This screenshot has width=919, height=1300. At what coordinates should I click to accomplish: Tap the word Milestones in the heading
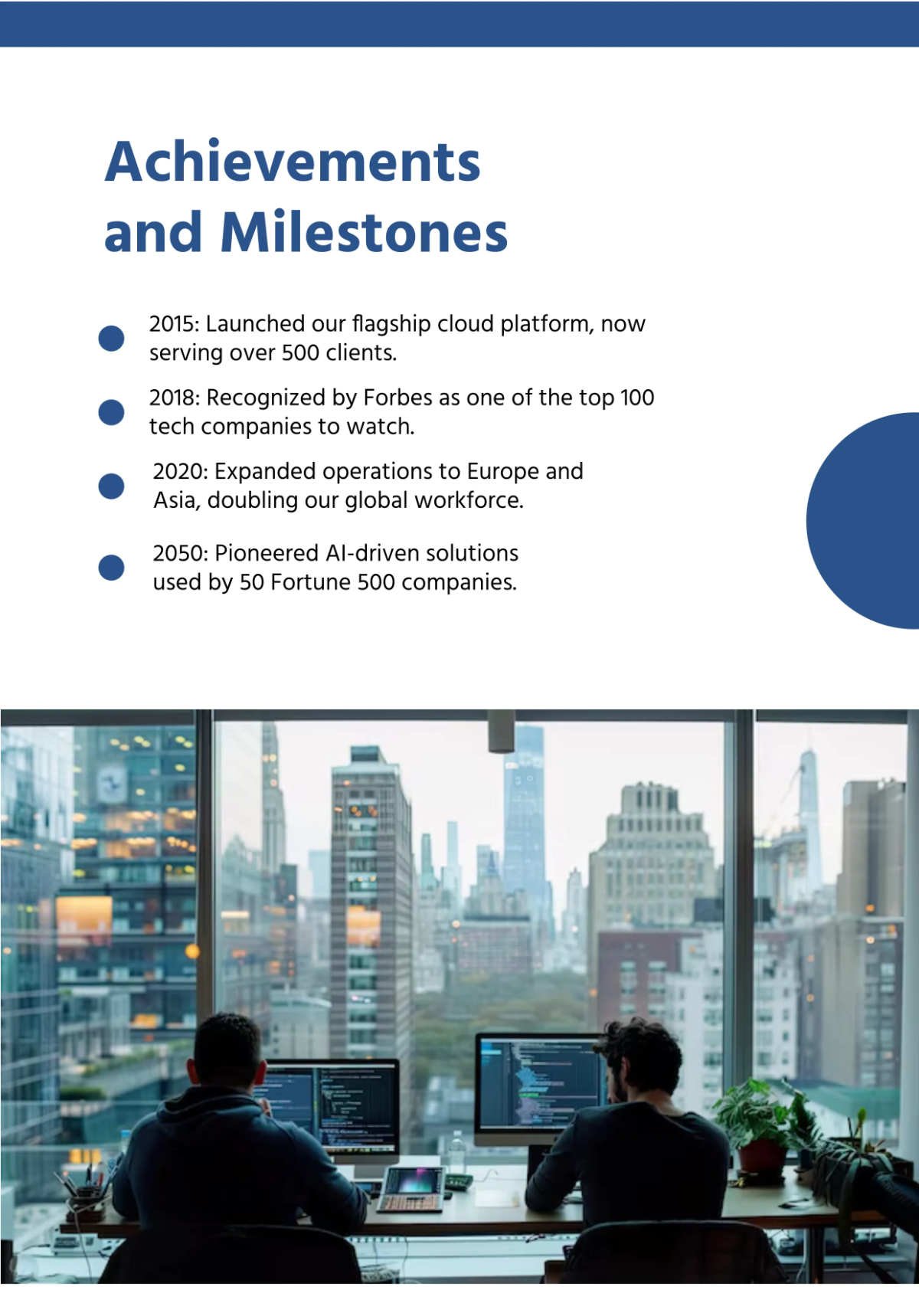coord(364,231)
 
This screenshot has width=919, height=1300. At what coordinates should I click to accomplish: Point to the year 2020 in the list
coord(178,471)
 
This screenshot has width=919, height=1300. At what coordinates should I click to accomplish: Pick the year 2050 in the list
coord(178,553)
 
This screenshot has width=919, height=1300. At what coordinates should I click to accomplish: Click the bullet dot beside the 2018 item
coord(111,412)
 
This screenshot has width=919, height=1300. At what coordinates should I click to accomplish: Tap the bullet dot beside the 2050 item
coord(111,568)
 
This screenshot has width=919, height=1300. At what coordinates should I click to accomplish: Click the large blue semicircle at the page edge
coord(863,520)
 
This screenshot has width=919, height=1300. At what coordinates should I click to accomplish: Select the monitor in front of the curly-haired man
coord(541,1088)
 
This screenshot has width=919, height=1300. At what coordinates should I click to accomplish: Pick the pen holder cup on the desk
coord(88,1200)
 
